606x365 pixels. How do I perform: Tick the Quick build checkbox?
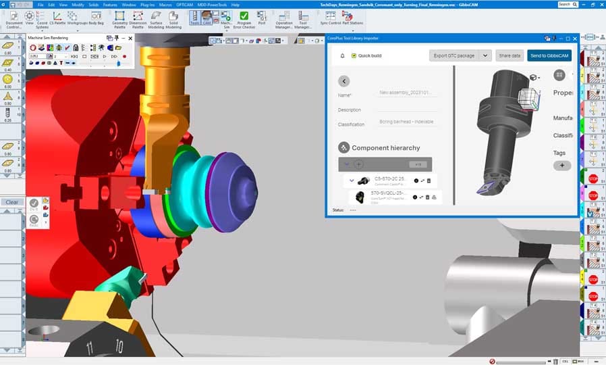pos(354,55)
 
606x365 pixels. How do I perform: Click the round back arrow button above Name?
pos(344,81)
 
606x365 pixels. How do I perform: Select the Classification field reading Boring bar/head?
pos(407,122)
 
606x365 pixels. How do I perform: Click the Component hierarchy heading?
pos(385,147)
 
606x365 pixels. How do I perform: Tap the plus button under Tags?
pos(562,165)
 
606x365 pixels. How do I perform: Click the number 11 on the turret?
pos(90,348)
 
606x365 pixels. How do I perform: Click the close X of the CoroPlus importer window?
pos(575,39)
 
